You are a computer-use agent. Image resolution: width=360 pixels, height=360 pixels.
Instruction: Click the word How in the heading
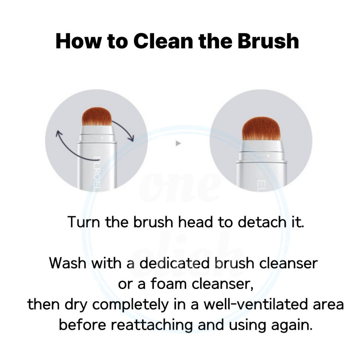point(78,41)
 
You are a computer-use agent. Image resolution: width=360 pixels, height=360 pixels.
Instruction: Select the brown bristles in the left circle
point(97,117)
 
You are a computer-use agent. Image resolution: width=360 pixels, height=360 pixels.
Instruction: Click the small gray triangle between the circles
point(178,143)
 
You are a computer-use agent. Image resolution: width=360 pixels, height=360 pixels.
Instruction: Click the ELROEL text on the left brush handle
point(97,174)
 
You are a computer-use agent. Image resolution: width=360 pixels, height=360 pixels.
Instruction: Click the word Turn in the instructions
point(84,222)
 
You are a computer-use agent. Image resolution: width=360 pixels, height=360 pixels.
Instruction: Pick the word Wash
point(68,263)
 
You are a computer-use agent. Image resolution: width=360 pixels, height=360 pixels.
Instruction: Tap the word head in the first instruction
point(195,222)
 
